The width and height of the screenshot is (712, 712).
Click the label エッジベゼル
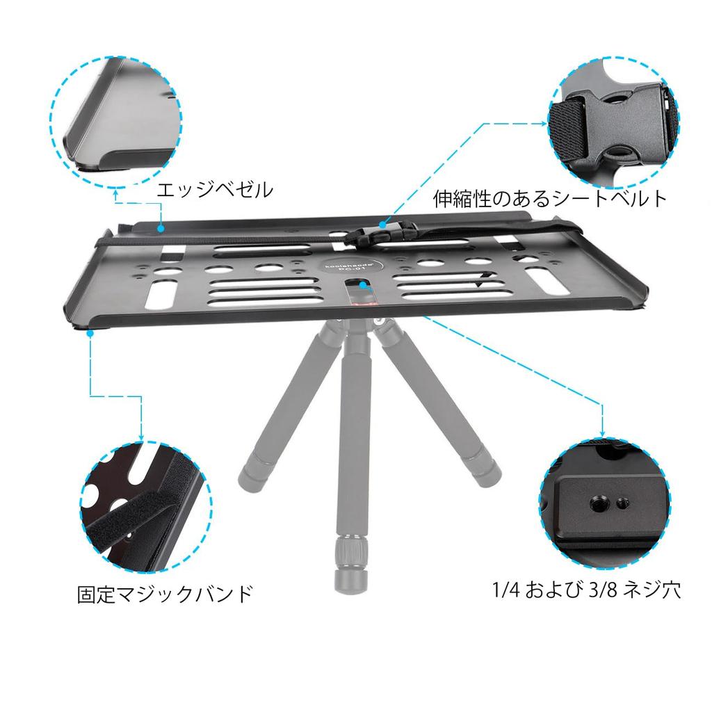pos(214,189)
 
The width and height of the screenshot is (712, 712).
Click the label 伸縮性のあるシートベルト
pos(550,198)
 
